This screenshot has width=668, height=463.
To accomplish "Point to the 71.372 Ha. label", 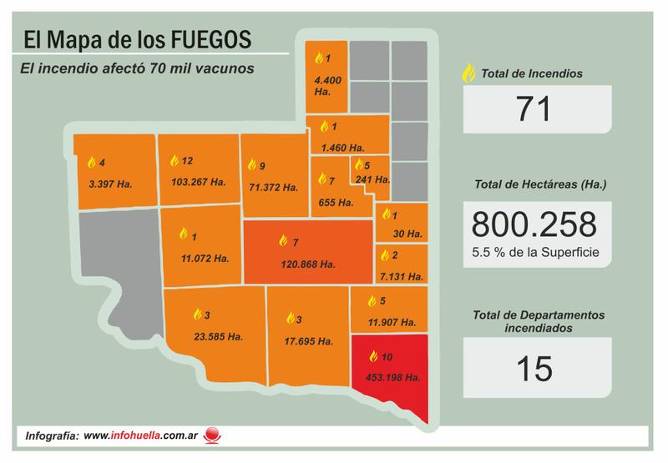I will [271, 188].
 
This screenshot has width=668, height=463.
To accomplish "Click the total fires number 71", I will [534, 109].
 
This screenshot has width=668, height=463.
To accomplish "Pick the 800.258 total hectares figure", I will [534, 224].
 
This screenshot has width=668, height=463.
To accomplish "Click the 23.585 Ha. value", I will [215, 338].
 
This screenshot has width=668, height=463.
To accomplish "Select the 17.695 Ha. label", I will [307, 342].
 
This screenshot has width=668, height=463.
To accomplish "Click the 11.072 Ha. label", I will [204, 259].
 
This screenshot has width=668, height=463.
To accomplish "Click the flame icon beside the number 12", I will [174, 160].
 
